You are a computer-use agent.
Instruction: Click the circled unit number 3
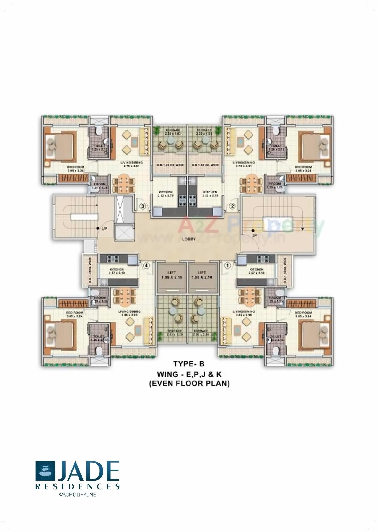click(143, 206)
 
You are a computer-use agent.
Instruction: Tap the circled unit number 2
click(232, 206)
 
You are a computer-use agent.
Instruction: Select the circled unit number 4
click(146, 266)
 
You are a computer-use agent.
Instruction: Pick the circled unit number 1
click(227, 266)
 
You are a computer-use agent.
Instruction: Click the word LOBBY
click(189, 239)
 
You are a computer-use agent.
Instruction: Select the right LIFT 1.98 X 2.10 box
click(202, 275)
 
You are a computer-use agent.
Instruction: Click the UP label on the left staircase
click(104, 228)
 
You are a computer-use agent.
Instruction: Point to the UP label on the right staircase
click(254, 235)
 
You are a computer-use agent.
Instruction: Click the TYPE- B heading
click(189, 364)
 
